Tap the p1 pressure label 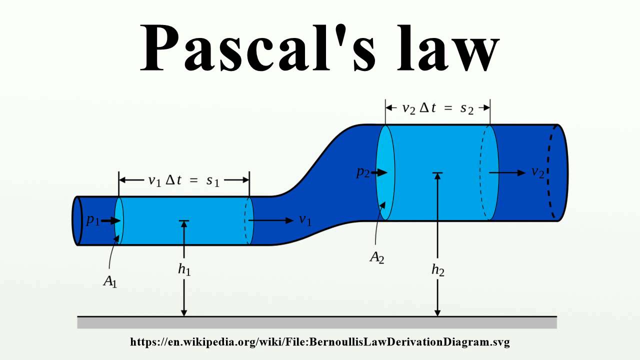tap(92, 220)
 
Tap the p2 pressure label tap(362, 172)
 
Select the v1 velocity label tap(305, 220)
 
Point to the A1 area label tap(109, 281)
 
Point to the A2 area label tap(376, 257)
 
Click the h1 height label tap(184, 269)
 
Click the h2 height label tap(437, 270)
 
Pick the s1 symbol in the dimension tap(213, 180)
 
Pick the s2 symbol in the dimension tap(467, 108)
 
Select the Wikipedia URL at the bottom tap(320, 342)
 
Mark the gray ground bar tap(317, 323)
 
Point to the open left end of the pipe tap(77, 220)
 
